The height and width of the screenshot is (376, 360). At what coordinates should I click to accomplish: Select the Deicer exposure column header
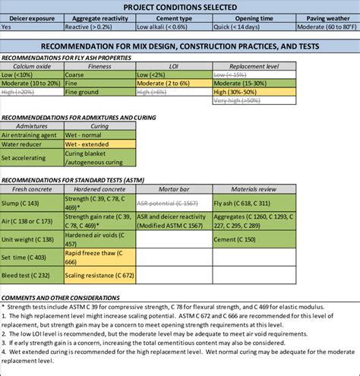point(32,16)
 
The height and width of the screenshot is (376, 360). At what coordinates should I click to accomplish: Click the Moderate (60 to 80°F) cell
point(320,26)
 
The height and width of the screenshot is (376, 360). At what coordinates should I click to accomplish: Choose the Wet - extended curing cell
point(87,144)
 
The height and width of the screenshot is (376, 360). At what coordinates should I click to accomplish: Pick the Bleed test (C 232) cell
point(28,274)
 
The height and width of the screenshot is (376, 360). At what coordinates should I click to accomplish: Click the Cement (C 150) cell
point(235,239)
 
